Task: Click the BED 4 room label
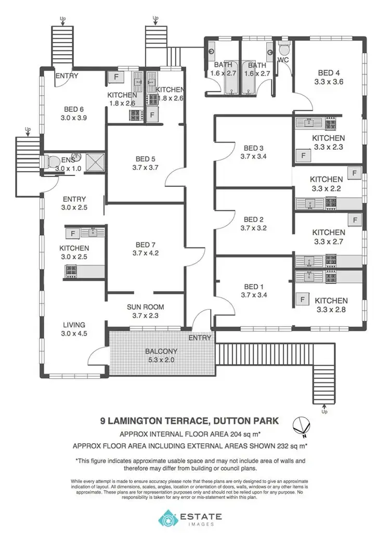point(329,73)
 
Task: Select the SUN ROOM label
point(146,307)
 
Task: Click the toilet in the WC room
point(284,50)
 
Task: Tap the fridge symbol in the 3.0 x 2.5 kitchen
point(73,233)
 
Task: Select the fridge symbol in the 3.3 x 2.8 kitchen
point(302,300)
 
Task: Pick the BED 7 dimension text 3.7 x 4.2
point(145,253)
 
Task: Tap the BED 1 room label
point(254,287)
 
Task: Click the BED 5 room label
point(146,159)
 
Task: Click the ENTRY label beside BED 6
point(67,76)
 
